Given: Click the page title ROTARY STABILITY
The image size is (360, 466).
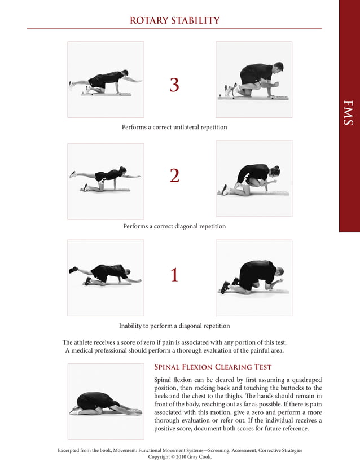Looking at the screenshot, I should point(174,21).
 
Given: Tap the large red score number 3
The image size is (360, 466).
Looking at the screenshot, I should point(174,85).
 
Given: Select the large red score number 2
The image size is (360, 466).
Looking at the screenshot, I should point(174,176).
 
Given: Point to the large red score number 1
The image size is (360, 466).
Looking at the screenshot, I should point(174,275).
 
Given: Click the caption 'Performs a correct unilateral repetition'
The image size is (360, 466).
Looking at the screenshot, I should point(174,128).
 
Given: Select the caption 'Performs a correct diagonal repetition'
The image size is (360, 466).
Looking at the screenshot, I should point(174,226).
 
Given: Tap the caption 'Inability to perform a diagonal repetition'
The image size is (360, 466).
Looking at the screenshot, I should point(174,326).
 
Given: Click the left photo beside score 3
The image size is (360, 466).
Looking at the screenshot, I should point(106,80).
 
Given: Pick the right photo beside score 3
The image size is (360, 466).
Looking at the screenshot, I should point(254,80).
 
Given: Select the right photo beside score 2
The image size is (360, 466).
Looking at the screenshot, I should point(254,178).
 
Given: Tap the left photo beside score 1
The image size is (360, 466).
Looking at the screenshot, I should point(106,278).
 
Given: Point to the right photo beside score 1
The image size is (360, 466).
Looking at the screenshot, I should point(254,278).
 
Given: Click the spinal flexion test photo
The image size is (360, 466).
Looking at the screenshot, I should point(106,401).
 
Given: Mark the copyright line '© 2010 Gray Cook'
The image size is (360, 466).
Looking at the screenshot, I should point(180,458).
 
